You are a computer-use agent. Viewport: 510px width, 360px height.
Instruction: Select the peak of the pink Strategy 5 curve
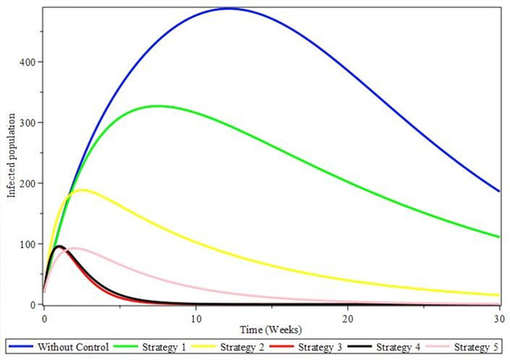75,248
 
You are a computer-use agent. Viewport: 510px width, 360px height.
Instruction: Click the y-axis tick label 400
27,62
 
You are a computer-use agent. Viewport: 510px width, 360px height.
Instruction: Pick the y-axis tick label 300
27,123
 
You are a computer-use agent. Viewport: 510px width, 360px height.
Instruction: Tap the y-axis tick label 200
27,183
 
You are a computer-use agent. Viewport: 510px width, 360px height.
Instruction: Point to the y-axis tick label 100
27,244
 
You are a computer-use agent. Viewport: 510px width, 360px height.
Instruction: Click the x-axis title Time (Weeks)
271,330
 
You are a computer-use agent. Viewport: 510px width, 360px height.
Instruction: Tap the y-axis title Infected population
11,157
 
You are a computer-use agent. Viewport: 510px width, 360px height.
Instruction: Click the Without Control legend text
74,347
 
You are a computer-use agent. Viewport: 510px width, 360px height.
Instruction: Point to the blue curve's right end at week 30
499,191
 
